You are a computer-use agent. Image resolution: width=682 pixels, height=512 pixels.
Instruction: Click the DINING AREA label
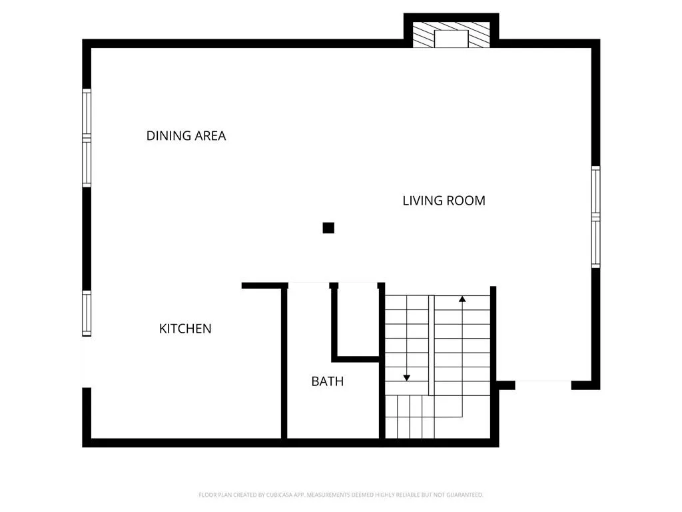186,136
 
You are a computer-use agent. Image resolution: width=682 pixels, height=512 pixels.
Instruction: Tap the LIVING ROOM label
444,201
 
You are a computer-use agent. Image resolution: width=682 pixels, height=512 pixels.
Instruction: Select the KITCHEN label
185,329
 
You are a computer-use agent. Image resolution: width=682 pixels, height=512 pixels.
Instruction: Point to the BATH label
328,381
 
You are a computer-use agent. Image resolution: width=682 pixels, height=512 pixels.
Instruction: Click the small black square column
328,228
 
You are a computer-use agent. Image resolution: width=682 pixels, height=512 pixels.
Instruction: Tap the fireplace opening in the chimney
451,39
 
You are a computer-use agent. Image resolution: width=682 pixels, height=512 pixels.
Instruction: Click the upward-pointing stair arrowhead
462,299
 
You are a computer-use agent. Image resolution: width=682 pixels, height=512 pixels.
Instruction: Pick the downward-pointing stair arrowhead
407,378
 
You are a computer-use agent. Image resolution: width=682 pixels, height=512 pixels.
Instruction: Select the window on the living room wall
595,217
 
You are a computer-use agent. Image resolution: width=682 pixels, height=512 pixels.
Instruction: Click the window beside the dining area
87,138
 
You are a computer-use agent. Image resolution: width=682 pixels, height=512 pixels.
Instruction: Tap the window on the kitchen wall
87,313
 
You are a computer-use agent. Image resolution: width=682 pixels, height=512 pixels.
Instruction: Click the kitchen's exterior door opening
87,362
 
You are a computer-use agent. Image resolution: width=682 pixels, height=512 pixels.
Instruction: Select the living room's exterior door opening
543,385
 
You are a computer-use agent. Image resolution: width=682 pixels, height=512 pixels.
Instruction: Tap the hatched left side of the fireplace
423,35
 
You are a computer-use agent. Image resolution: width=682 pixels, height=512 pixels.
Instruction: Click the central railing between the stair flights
432,345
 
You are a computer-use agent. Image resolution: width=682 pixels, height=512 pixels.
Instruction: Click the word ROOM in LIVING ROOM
467,201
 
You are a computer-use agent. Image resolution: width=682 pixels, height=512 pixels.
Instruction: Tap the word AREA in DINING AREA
210,136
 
